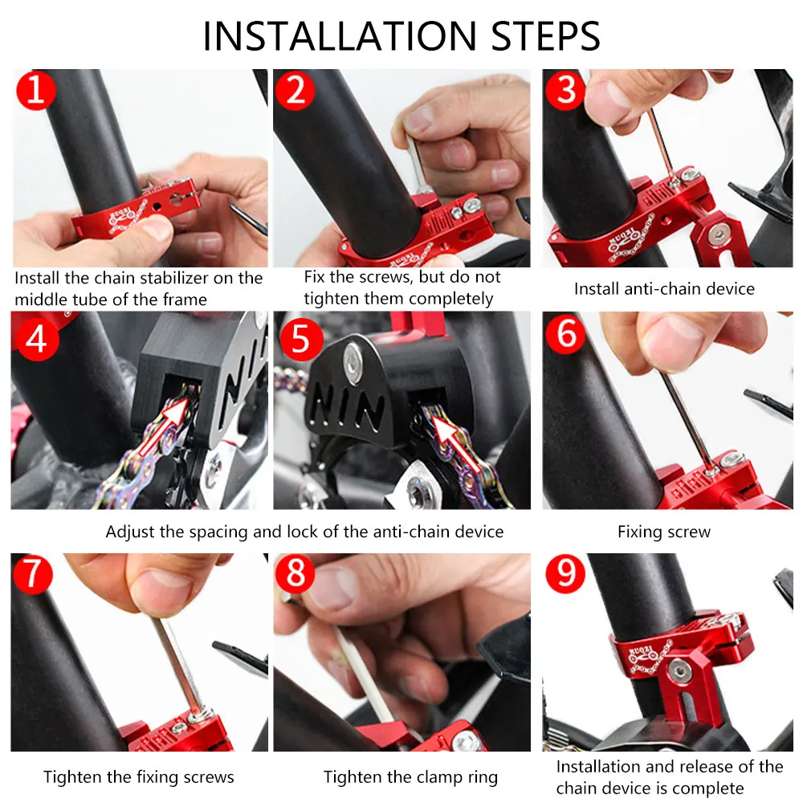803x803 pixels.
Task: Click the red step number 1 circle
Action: tap(36, 91)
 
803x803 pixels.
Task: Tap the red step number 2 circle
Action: tap(295, 91)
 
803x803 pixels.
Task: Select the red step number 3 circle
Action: tap(565, 91)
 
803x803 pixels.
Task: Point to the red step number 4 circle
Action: tap(36, 339)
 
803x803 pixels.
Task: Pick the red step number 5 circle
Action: tap(300, 339)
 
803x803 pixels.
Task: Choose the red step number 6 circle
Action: tap(565, 334)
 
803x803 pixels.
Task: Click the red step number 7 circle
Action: tap(33, 573)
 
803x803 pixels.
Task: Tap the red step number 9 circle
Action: tap(565, 573)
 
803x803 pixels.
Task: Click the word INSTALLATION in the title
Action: tap(340, 36)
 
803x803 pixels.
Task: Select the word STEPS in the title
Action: tap(545, 36)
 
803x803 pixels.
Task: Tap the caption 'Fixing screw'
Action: tap(664, 532)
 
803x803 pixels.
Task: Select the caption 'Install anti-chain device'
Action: tap(664, 289)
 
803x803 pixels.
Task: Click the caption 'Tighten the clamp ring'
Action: tap(410, 777)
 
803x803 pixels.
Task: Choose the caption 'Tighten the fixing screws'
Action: tap(138, 777)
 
